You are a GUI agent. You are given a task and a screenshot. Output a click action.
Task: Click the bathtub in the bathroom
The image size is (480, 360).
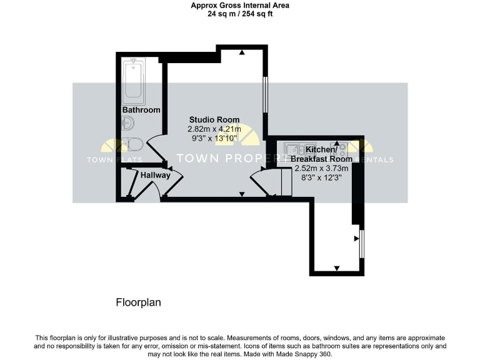134,81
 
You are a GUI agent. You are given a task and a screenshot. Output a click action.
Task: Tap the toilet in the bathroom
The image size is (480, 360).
132,144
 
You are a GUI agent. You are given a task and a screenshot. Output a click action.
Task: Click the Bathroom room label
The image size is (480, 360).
141,110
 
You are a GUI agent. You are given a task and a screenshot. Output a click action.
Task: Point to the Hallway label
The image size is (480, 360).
155,176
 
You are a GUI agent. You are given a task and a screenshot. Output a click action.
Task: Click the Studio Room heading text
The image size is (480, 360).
214,119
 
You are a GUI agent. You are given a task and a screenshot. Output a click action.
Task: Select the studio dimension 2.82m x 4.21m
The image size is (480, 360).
214,129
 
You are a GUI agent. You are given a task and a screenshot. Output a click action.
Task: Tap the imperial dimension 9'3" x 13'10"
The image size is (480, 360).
214,138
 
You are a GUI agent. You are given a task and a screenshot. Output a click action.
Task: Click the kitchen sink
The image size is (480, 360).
292,149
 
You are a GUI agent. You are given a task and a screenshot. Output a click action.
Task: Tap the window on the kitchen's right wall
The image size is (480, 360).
362,243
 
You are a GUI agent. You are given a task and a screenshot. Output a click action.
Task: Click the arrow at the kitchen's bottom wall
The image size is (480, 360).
337,268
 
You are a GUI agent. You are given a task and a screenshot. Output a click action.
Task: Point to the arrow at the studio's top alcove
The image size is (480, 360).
241,52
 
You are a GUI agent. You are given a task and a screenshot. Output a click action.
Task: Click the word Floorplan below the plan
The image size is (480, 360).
139,302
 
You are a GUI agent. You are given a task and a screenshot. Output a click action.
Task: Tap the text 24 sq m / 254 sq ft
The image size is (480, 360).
240,14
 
